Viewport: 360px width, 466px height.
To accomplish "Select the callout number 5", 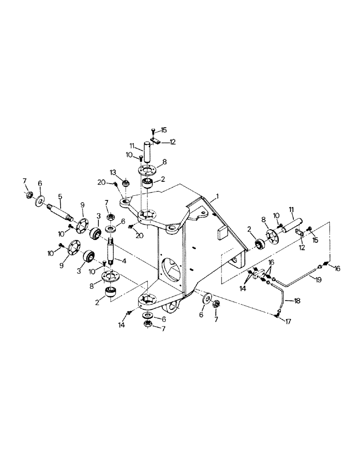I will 60,197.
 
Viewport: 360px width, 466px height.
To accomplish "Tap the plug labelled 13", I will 125,187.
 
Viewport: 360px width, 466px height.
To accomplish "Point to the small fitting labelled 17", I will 277,315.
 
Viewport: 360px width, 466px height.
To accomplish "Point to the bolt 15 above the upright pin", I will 153,132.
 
